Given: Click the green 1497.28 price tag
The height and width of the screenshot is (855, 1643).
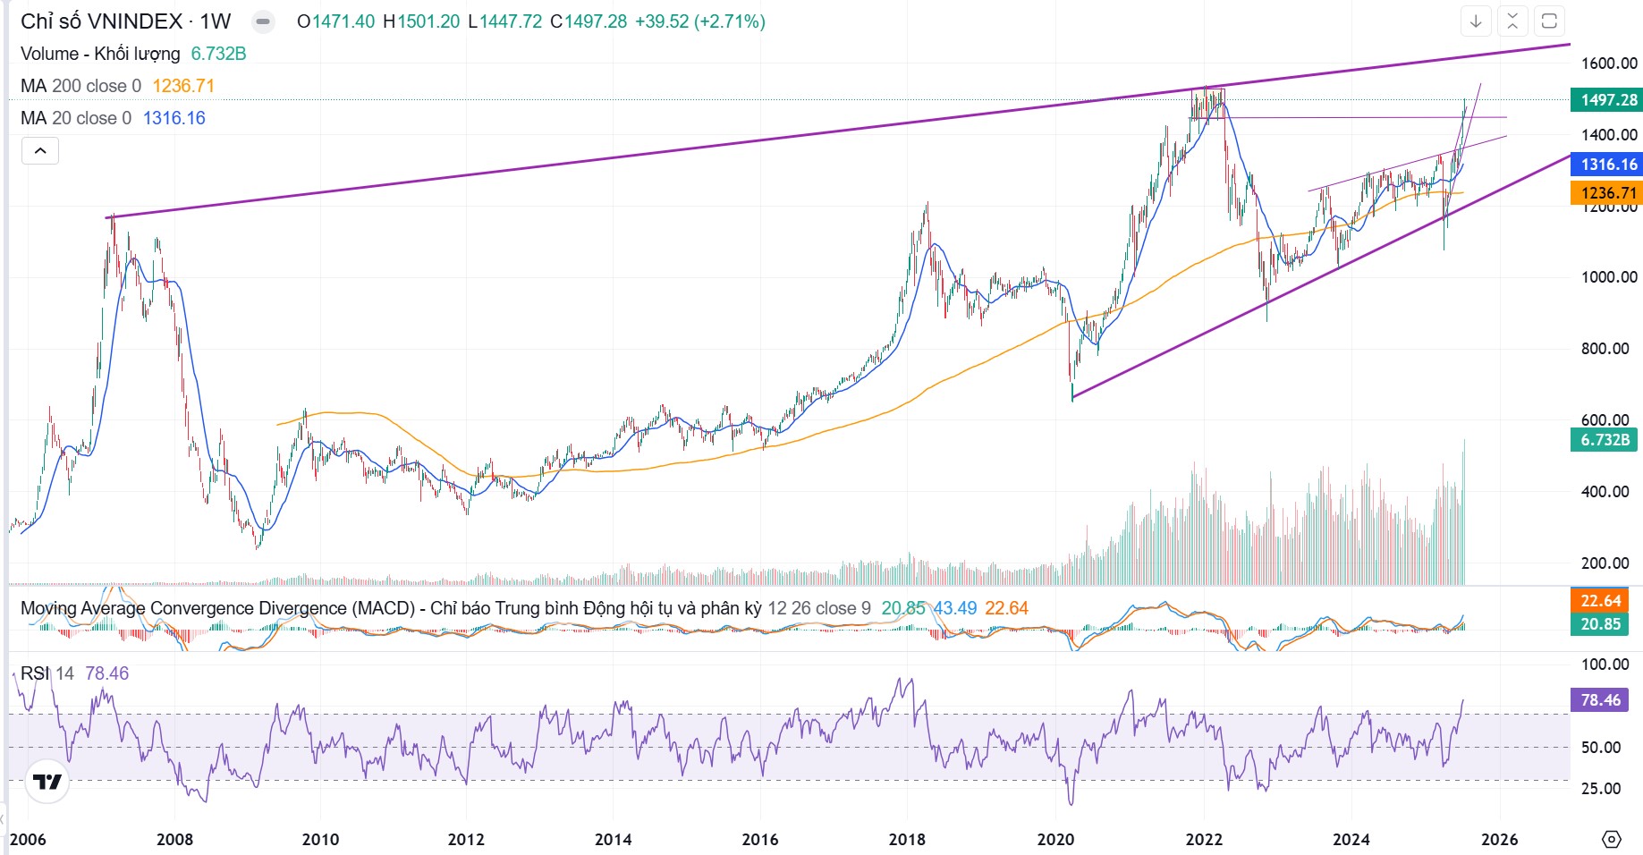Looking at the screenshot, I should point(1607,100).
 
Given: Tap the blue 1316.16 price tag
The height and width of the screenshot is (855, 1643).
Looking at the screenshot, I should point(1607,165).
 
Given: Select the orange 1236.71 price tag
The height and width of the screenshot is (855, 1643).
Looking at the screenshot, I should point(1607,193).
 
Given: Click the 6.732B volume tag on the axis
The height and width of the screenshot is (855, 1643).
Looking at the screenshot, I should point(1605,440).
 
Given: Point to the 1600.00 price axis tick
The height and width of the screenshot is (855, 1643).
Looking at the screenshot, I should point(1609,63).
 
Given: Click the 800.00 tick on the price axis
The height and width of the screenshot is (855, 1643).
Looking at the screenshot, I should point(1605,349).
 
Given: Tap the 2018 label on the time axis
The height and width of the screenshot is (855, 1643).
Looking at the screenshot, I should point(907,839).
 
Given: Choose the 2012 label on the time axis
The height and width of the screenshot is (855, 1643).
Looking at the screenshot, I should point(466,839).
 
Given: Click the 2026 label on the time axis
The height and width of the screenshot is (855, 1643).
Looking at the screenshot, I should point(1499,839).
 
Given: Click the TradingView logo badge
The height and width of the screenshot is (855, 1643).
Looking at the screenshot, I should point(47,783).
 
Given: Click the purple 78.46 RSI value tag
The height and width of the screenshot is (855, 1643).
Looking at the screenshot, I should point(1599,700).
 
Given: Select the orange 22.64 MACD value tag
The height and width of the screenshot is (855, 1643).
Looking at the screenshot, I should point(1599,601).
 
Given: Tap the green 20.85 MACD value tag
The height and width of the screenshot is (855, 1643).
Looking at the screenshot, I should point(1599,624).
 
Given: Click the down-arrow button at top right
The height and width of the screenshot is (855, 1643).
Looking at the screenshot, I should point(1476,21).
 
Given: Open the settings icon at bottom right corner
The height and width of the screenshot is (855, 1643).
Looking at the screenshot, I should point(1611,839).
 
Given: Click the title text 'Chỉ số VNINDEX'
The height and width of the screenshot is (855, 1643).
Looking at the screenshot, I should point(101,21).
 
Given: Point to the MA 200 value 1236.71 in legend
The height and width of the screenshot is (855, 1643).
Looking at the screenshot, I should point(183,86).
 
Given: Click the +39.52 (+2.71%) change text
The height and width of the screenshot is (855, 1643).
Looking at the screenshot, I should point(699,21).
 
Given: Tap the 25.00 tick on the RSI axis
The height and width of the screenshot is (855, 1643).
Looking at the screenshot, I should point(1600,789).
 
